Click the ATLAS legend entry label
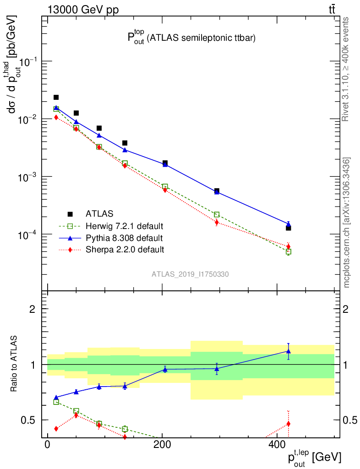[x=99, y=213]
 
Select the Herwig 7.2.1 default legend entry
[x=124, y=226]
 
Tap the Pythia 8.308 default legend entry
[x=124, y=238]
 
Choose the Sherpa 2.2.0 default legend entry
[x=125, y=250]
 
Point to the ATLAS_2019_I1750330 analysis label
[x=191, y=274]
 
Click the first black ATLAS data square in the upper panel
[x=56, y=97]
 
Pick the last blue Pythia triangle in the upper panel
[x=289, y=224]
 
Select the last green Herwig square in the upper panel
[x=289, y=251]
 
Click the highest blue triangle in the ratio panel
[x=289, y=351]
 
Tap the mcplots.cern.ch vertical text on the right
[x=347, y=223]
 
